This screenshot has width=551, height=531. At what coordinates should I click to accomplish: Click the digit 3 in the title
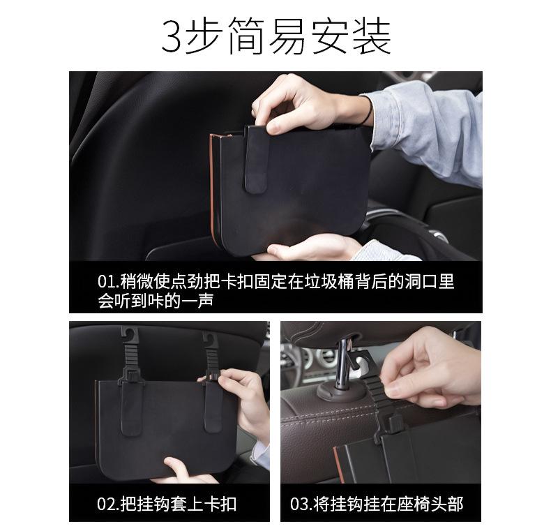(x=173, y=36)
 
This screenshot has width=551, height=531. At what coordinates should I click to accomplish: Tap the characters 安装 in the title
(x=351, y=36)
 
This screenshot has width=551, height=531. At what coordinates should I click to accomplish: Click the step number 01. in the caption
(x=108, y=282)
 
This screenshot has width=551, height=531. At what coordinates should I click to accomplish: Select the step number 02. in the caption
(x=108, y=504)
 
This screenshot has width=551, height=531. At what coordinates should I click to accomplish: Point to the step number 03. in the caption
(x=301, y=504)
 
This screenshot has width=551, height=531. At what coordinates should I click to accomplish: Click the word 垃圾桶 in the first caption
(x=330, y=282)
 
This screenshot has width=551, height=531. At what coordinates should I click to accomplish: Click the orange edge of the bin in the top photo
(x=212, y=183)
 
